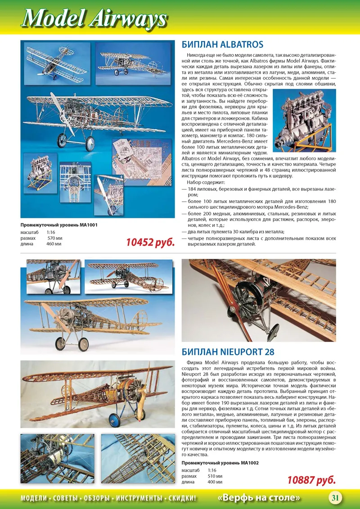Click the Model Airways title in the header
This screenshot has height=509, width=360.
(94, 19)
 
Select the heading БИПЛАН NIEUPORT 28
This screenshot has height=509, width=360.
(228, 351)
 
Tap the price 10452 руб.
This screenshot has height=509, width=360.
(150, 243)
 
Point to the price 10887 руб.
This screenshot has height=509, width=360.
(311, 480)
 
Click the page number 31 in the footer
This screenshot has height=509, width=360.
(335, 498)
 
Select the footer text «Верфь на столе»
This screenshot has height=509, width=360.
(259, 498)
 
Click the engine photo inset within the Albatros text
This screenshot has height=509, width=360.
(305, 120)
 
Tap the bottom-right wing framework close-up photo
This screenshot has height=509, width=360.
(138, 458)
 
